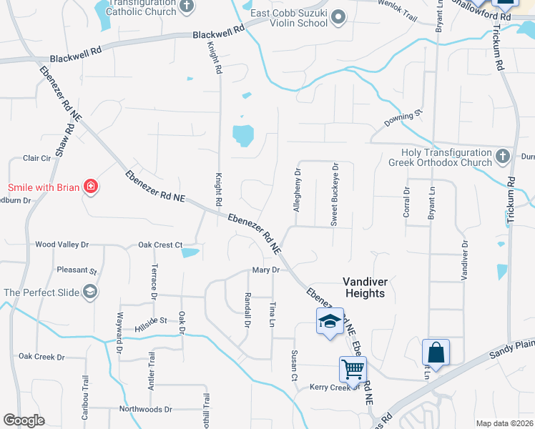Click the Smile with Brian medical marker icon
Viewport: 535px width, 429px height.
pyautogui.click(x=91, y=188)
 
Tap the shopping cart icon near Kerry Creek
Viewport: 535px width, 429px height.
pyautogui.click(x=353, y=369)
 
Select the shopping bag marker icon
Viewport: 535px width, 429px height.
pyautogui.click(x=436, y=352)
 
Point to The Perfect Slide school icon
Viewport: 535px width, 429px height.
pyautogui.click(x=90, y=292)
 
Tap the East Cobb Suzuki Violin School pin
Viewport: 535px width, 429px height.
pyautogui.click(x=339, y=16)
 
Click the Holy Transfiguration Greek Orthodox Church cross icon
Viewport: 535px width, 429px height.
pyautogui.click(x=502, y=154)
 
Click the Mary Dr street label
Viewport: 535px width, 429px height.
pyautogui.click(x=265, y=270)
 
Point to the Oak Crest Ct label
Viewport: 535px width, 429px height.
pyautogui.click(x=161, y=245)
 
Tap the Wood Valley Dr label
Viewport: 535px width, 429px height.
pyautogui.click(x=62, y=245)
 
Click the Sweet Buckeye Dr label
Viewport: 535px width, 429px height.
pyautogui.click(x=334, y=194)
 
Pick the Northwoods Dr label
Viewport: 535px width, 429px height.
pyautogui.click(x=146, y=410)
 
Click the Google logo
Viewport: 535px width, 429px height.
pyautogui.click(x=24, y=420)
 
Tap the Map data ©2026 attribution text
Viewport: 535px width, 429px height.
pyautogui.click(x=505, y=423)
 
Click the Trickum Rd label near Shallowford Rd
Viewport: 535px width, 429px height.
pyautogui.click(x=499, y=50)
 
